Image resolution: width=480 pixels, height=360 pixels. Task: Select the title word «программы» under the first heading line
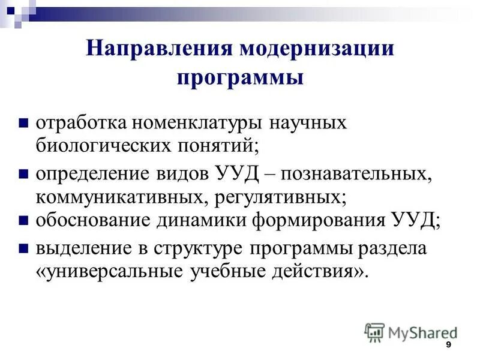pos(239,77)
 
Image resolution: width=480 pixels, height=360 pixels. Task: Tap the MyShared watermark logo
pos(411,332)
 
